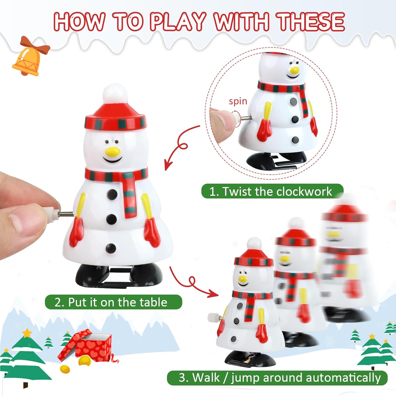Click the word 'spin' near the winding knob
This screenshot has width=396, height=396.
pos(238,101)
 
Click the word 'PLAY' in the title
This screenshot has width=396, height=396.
pos(178,21)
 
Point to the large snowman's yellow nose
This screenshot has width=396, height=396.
pos(113,151)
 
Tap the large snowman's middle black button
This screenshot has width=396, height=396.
pos(111,218)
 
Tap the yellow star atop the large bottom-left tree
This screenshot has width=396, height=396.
pos(27,333)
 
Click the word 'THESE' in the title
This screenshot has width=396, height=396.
pos(311,21)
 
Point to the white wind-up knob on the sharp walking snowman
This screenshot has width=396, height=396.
pos(213,317)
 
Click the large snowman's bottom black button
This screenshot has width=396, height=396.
pos(111,248)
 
